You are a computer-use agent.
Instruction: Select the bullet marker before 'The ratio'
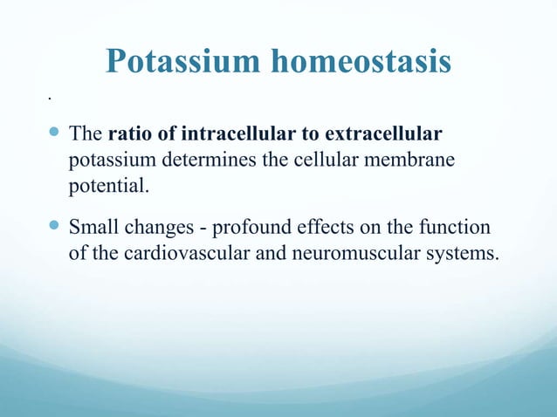click(54, 135)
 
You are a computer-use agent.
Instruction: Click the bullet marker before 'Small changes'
click(54, 229)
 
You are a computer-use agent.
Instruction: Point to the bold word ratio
click(127, 136)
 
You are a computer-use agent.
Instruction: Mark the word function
click(454, 229)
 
